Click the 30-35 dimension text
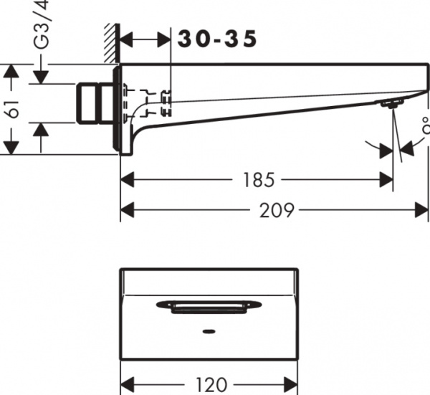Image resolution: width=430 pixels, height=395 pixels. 217,40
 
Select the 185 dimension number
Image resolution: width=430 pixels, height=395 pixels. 258,179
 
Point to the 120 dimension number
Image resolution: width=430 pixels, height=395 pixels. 211,384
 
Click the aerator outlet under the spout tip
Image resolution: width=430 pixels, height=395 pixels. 390,105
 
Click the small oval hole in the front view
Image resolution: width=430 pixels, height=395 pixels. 208,332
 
